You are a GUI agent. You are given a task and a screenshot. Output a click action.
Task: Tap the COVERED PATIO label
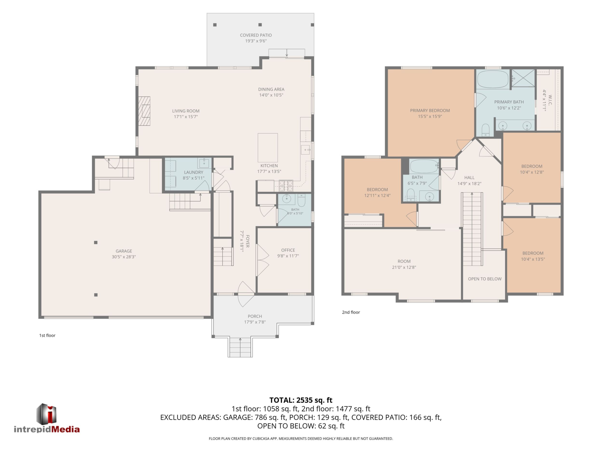256,35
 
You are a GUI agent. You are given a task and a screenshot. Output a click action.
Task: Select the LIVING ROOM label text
186,111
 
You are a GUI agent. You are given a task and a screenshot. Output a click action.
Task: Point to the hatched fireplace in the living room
144,111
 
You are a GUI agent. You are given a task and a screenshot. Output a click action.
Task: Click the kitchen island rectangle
268,148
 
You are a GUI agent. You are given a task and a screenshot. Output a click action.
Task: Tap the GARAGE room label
124,251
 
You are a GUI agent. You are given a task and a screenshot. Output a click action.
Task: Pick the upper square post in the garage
96,243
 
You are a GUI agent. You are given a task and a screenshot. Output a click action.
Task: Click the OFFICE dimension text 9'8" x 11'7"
288,256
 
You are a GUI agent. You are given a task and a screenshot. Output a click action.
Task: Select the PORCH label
255,316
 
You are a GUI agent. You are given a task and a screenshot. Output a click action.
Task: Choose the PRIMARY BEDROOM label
430,110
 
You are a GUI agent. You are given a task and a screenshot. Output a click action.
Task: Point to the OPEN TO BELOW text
485,279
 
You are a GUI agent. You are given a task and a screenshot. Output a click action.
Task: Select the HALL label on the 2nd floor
469,178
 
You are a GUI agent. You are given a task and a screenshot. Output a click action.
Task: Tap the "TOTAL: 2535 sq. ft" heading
301,400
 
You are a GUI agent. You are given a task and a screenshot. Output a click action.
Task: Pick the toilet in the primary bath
486,130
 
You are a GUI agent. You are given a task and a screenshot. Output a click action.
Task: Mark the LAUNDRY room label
193,172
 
